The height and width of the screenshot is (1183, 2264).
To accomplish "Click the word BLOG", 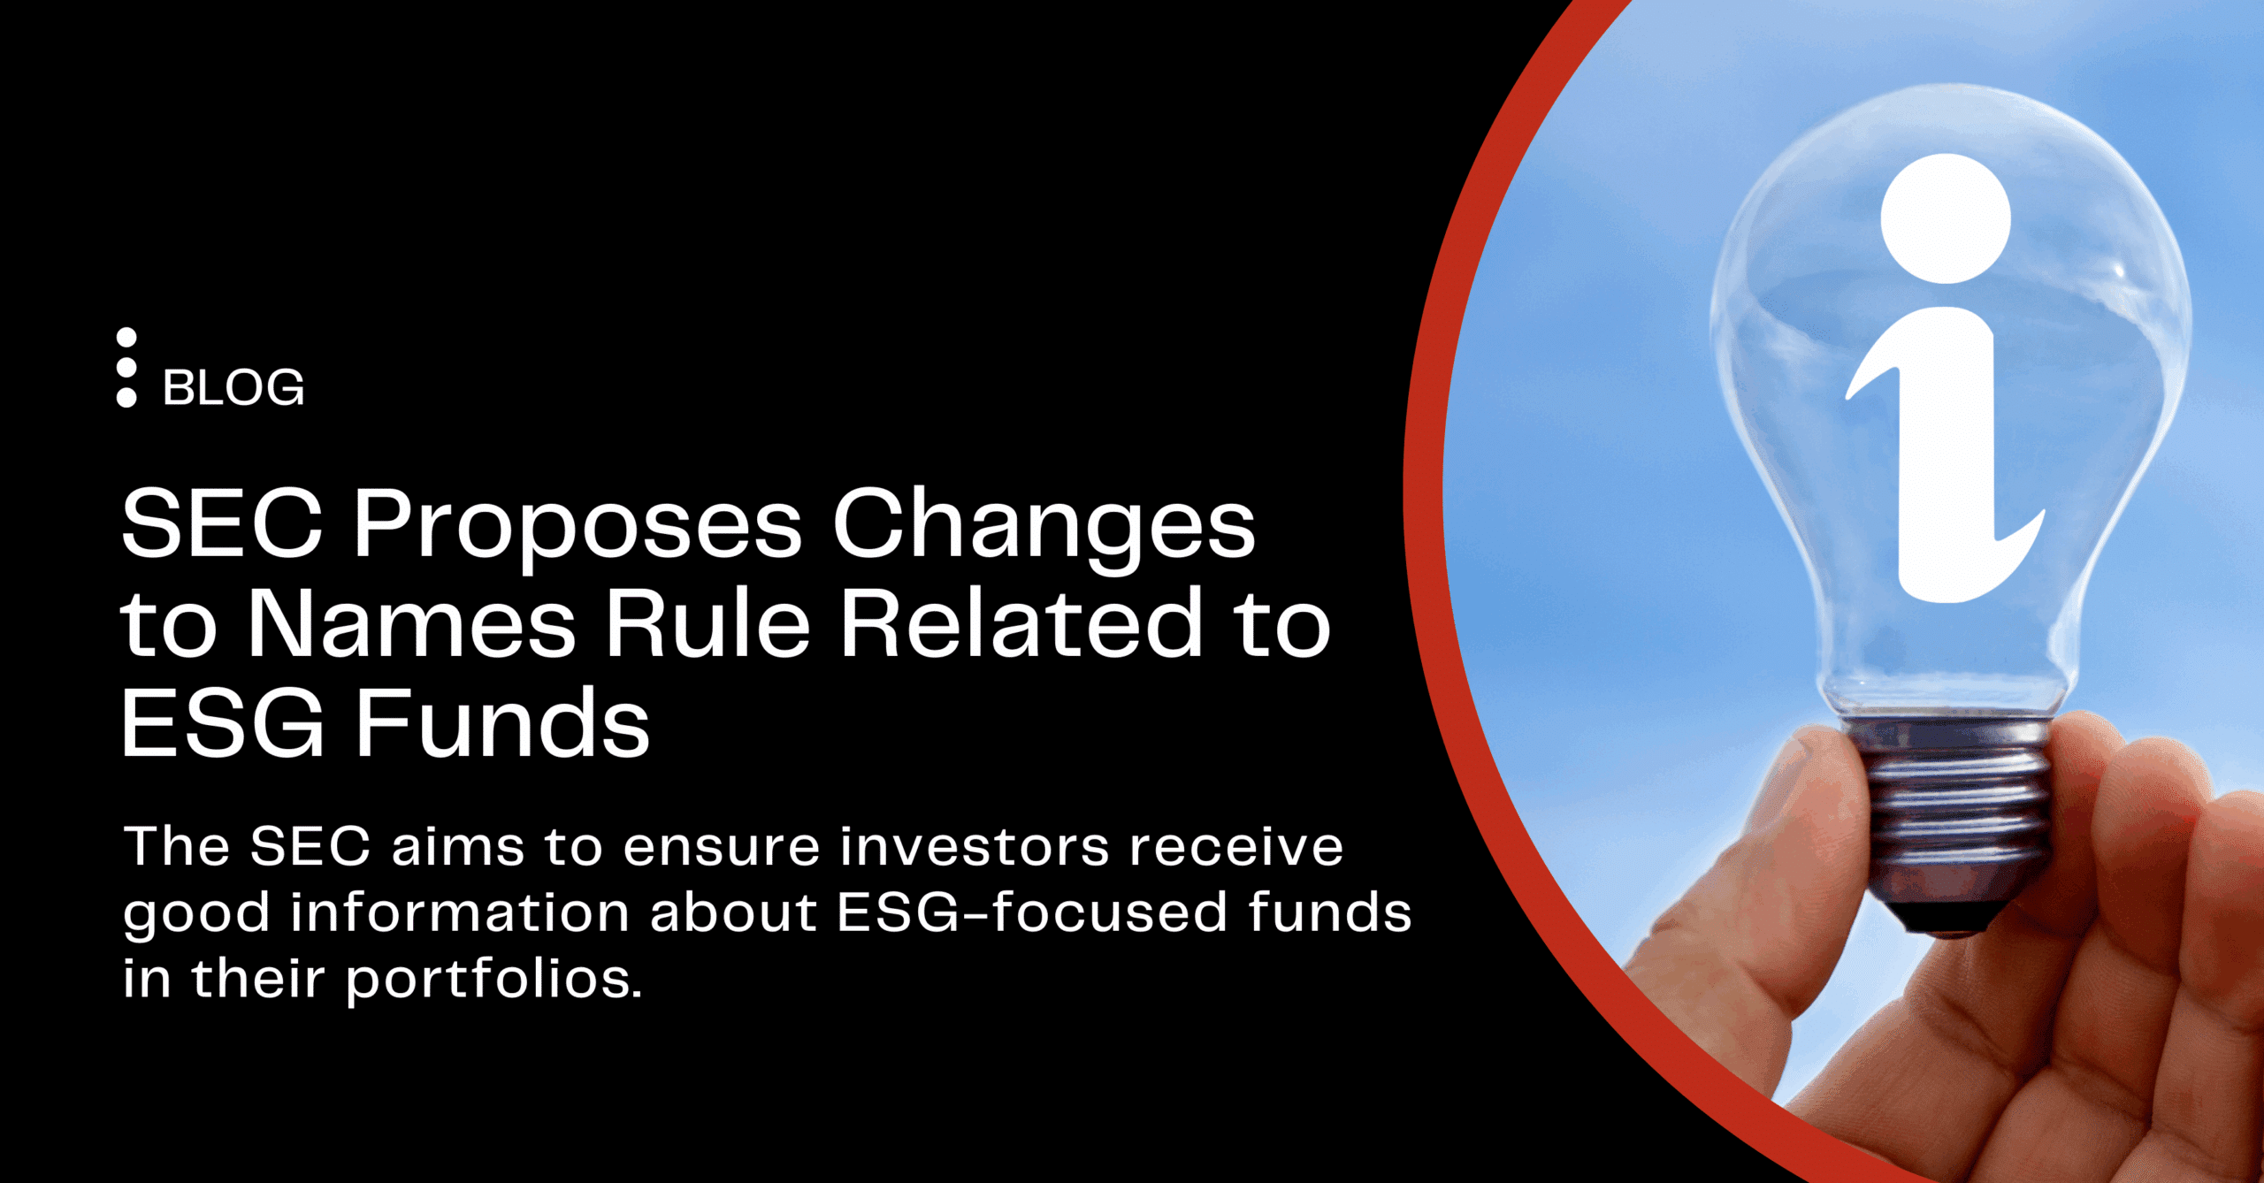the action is (x=233, y=388).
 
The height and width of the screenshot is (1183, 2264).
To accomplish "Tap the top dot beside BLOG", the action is (x=126, y=338).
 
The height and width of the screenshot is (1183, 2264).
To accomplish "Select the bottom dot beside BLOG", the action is (x=126, y=398).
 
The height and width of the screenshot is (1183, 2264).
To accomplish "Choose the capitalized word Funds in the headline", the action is (x=502, y=722).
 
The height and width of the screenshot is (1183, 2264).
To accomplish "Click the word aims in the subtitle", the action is (x=458, y=847).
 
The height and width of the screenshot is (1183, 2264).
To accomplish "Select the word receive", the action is (x=1237, y=847).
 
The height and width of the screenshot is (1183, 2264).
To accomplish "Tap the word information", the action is (x=460, y=912).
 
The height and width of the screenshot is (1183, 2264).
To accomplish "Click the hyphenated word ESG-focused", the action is (x=1032, y=912).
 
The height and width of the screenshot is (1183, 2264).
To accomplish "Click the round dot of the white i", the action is (x=1946, y=218).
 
